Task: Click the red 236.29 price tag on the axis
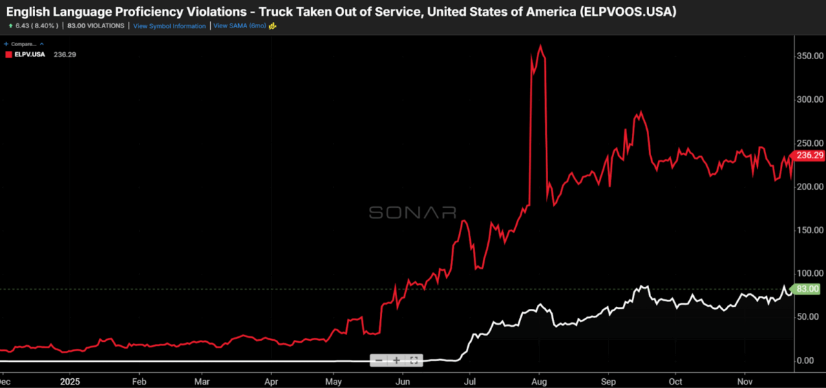[x=809, y=156]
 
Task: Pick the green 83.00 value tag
[x=807, y=290]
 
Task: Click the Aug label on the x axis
[x=539, y=380]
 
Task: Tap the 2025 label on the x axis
[x=71, y=380]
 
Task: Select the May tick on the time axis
[x=334, y=380]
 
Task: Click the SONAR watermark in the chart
[x=412, y=213]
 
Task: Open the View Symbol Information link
[x=169, y=26]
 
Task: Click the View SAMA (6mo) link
[x=240, y=25]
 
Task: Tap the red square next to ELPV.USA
[x=8, y=54]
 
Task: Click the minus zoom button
[x=379, y=360]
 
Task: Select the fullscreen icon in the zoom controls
[x=414, y=360]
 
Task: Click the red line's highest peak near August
[x=541, y=46]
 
